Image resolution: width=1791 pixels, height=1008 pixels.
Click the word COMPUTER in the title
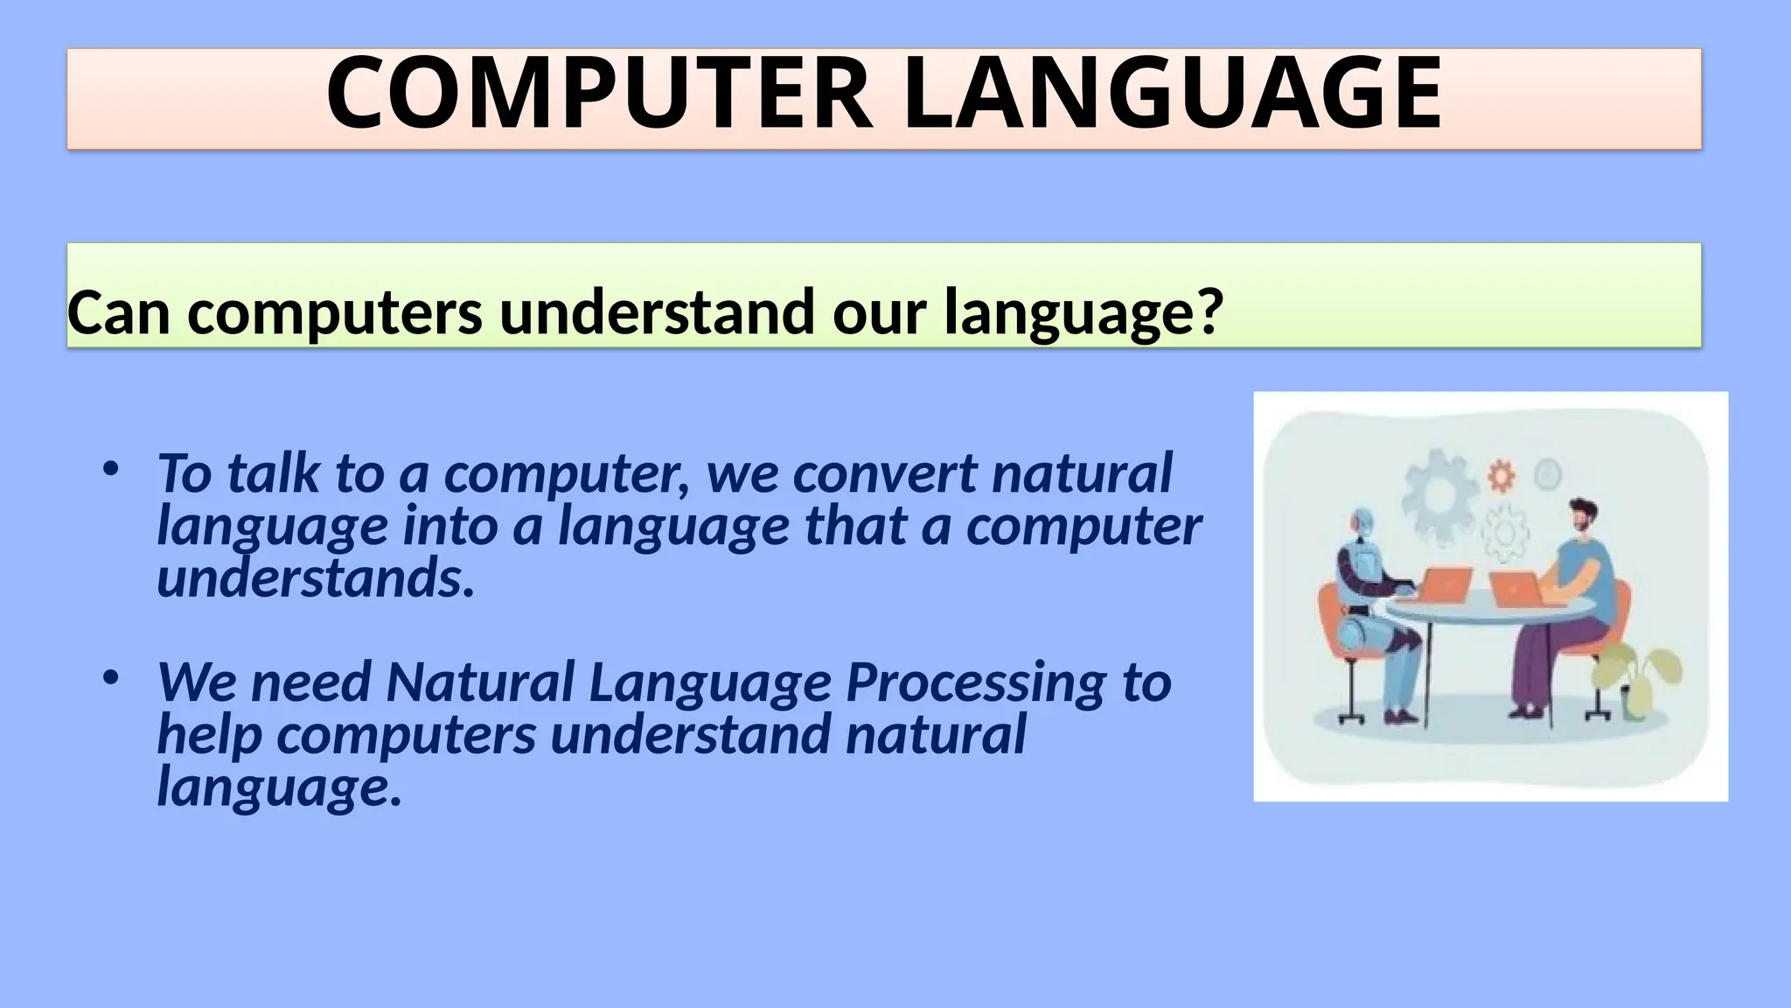pos(599,94)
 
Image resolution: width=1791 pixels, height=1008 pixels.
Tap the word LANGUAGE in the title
pos(1172,94)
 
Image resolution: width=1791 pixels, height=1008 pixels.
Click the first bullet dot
pos(109,471)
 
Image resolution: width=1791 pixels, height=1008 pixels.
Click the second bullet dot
pos(109,679)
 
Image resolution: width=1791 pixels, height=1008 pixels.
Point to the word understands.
pos(315,578)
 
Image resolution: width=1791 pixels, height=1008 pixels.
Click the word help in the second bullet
pos(209,735)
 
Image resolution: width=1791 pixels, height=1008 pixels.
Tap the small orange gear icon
pos(1501,476)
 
